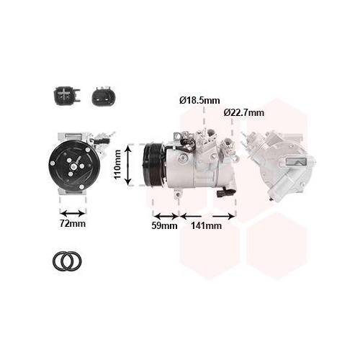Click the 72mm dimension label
(73, 225)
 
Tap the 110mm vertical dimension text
(118, 164)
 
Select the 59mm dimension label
(165, 225)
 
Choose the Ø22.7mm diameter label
(243, 112)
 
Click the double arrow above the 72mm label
(73, 213)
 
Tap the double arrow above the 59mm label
(166, 215)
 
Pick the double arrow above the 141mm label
(208, 215)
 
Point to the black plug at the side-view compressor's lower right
(230, 190)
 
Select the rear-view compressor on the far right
(278, 162)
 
